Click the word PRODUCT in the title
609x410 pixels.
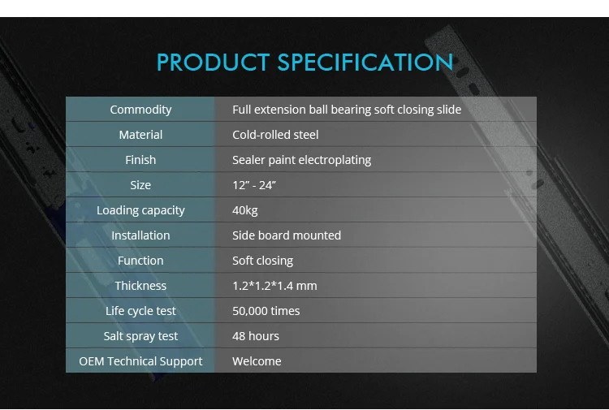click(214, 63)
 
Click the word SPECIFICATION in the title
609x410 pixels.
click(365, 63)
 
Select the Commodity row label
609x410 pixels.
click(140, 110)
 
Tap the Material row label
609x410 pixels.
click(140, 135)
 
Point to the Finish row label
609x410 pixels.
click(140, 160)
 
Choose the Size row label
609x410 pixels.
click(140, 185)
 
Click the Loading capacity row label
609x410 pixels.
click(140, 210)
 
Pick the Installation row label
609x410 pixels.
click(140, 235)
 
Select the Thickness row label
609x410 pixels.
click(140, 286)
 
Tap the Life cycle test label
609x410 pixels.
click(140, 311)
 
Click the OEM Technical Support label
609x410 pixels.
click(140, 361)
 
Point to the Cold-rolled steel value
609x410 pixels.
click(275, 135)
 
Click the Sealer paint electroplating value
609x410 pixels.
click(302, 160)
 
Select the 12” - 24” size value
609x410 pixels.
click(254, 185)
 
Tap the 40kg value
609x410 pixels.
click(245, 210)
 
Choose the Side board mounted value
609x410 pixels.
click(287, 235)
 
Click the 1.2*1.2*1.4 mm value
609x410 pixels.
click(274, 286)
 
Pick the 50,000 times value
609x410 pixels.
click(266, 311)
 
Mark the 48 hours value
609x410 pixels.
click(256, 336)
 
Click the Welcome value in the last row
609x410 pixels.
click(257, 361)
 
